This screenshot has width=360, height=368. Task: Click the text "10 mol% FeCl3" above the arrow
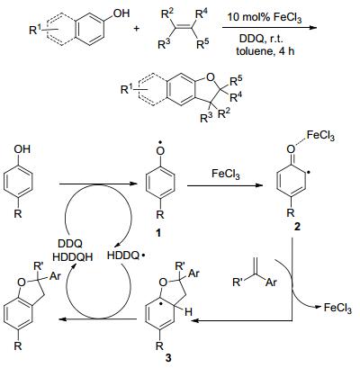click(x=265, y=17)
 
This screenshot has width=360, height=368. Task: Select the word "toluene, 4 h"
click(x=265, y=51)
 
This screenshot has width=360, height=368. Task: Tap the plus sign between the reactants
click(x=137, y=29)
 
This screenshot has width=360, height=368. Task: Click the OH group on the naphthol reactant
click(x=120, y=13)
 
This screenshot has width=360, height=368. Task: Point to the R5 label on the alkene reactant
click(x=202, y=44)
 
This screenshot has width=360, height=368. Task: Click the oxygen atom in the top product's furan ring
click(x=211, y=77)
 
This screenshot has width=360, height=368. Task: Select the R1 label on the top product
click(x=127, y=89)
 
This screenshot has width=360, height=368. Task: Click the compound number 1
click(x=158, y=232)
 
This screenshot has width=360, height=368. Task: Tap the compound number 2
click(x=297, y=227)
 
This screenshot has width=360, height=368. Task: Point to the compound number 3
click(x=168, y=357)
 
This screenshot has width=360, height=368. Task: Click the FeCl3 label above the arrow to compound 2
click(x=226, y=174)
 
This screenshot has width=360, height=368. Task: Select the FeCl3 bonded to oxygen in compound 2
click(x=320, y=137)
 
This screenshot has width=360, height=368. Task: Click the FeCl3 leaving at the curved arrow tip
click(x=337, y=308)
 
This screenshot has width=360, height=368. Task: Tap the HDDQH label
click(x=73, y=256)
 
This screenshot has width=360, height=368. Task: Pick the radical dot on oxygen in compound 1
click(x=161, y=141)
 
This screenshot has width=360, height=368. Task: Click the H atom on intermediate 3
click(x=188, y=312)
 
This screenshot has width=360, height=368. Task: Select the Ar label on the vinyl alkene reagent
click(x=271, y=283)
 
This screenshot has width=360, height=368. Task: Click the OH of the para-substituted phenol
click(x=22, y=149)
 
